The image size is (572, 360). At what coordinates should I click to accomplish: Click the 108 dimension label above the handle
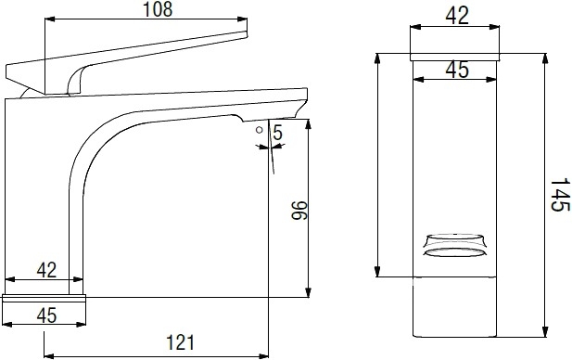click(158, 9)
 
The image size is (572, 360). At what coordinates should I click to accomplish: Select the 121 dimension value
click(180, 342)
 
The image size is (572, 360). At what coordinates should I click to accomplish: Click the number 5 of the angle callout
click(277, 133)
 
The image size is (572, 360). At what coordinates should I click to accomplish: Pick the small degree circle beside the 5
click(260, 130)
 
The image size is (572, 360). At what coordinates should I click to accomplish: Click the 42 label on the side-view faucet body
click(46, 270)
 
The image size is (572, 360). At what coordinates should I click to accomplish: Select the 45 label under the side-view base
click(46, 315)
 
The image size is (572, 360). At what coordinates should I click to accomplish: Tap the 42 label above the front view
click(457, 16)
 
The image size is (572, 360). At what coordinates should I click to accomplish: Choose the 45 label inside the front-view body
click(457, 70)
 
